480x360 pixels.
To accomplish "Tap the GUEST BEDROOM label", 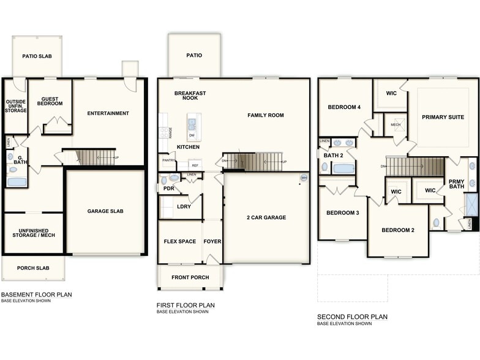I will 50,100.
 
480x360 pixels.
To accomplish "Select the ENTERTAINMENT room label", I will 108,113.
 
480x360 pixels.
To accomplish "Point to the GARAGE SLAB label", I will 105,211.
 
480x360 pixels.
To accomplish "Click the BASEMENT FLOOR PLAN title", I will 37,294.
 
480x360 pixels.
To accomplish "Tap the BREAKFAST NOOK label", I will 190,96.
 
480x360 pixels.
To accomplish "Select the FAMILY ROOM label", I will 266,115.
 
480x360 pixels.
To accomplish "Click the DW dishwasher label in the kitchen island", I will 192,136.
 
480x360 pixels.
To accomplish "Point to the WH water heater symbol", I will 303,178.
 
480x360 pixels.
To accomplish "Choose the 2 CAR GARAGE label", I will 266,217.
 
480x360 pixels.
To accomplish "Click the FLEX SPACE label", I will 180,241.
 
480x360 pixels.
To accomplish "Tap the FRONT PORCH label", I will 190,277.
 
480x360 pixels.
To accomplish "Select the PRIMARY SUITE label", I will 443,116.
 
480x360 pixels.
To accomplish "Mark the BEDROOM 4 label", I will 344,107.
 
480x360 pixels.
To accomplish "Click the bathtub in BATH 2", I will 343,168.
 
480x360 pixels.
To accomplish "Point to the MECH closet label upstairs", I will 396,124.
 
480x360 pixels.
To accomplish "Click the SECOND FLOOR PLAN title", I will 352,317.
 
